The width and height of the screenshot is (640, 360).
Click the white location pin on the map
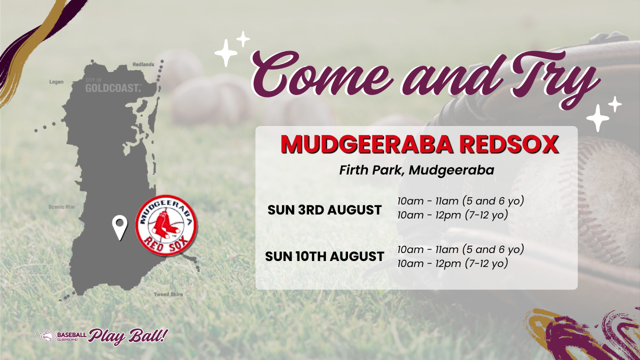[x=119, y=227]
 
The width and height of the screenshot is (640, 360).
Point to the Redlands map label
[x=143, y=64]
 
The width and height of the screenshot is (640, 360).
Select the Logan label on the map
[x=56, y=81]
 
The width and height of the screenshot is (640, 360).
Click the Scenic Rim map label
[x=61, y=206]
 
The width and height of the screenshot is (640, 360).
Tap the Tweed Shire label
[x=168, y=294]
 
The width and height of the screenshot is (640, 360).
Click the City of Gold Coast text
[x=113, y=85]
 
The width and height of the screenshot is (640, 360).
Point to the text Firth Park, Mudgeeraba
[x=416, y=170]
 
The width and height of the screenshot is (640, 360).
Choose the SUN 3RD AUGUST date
[x=324, y=210]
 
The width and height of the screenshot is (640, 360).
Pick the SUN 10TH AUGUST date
[x=324, y=256]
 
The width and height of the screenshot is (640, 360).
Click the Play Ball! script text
[x=127, y=336]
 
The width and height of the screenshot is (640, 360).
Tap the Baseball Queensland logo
[x=60, y=335]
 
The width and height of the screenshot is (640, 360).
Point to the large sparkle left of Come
[x=226, y=53]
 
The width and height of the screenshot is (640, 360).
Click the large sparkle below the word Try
[x=597, y=118]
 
